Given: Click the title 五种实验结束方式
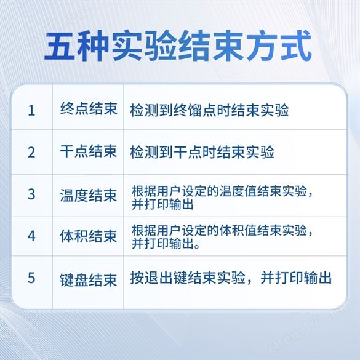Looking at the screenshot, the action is [x=178, y=46].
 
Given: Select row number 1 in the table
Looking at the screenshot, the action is [x=31, y=110].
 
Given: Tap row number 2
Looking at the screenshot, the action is [x=31, y=152].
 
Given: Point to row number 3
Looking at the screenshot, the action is [x=31, y=194].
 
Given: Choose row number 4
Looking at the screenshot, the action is [x=31, y=236].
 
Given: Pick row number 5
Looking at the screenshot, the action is [x=31, y=278].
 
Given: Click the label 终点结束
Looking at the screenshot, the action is [x=89, y=108].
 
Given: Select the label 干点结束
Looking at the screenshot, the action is [x=89, y=151].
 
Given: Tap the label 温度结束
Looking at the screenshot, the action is [x=89, y=195].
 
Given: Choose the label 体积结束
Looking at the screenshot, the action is [x=89, y=236].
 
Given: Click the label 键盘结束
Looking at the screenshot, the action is [x=89, y=280].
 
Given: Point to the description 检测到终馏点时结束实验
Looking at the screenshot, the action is [x=209, y=110].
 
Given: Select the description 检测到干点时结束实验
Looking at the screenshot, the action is [x=202, y=152].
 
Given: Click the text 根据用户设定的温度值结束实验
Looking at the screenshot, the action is [x=219, y=191].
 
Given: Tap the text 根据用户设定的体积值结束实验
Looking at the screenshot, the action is [x=219, y=230].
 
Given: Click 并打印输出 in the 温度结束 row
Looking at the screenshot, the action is [x=162, y=204].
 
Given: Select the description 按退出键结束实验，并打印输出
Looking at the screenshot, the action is [x=231, y=278].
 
